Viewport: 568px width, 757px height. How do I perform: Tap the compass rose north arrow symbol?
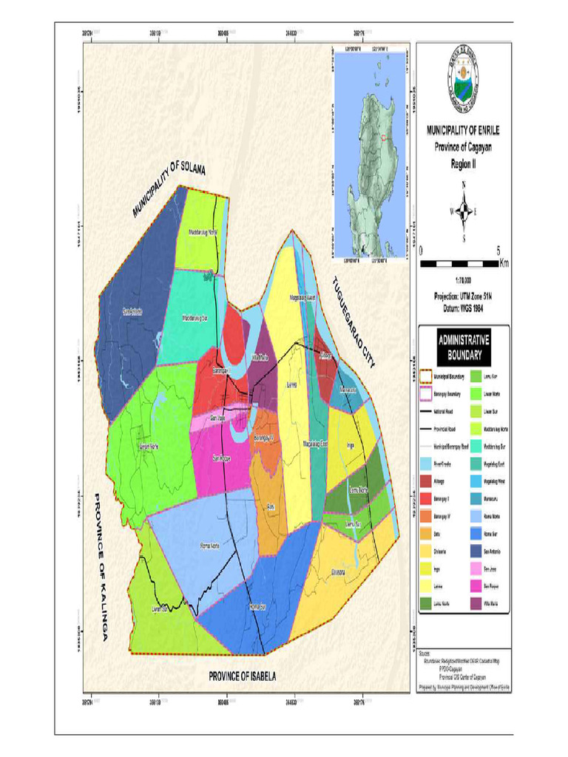tap(463, 211)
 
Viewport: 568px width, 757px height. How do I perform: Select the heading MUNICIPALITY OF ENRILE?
tap(463, 130)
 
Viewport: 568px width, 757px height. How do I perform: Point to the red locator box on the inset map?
tap(383, 137)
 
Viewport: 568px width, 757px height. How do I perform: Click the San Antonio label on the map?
tap(132, 312)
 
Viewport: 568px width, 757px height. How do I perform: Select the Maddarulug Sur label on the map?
tap(194, 319)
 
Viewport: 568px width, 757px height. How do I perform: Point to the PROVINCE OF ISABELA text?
tap(252, 676)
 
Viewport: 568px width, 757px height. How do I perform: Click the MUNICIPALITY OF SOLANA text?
tap(169, 191)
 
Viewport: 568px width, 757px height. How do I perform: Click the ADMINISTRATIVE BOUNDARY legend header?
tap(464, 347)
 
